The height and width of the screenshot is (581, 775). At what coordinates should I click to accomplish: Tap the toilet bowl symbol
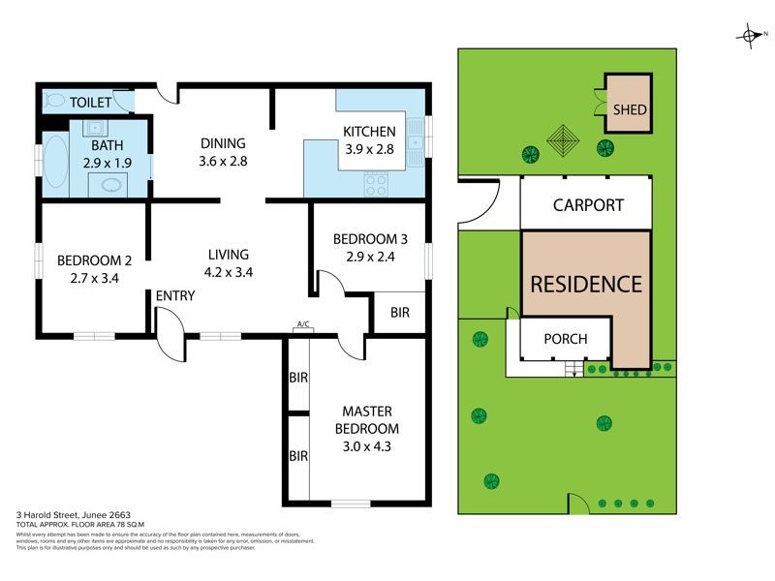tap(54, 101)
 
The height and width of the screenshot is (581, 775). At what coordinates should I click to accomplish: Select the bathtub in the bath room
tap(54, 160)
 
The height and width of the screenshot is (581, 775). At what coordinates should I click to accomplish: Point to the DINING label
tap(223, 144)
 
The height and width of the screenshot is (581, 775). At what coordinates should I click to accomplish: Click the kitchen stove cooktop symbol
tap(376, 184)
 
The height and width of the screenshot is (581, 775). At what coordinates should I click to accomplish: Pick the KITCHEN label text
tap(369, 132)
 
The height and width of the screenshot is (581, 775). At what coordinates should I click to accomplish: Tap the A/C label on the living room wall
tap(302, 324)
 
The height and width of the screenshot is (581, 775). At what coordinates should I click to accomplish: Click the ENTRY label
tap(175, 295)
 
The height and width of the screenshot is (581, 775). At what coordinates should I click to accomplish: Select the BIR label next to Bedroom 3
tap(399, 313)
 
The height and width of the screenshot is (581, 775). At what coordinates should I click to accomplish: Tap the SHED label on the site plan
tap(630, 110)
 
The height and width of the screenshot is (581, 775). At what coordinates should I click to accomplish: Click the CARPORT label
tap(588, 205)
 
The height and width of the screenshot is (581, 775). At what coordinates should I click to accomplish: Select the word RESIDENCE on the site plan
tap(586, 284)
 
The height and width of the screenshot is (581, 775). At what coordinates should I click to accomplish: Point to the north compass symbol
tap(750, 36)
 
